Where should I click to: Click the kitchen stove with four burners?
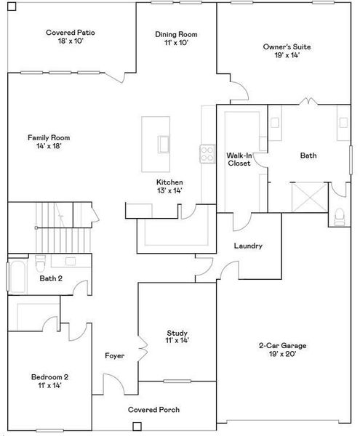coord(207,153)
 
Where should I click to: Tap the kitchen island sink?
coord(163,143)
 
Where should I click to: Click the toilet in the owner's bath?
coord(340,216)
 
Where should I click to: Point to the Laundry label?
coord(247,246)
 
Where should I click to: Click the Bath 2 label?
coord(50,278)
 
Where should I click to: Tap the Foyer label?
coord(114,356)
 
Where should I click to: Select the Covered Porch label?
coord(153,410)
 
